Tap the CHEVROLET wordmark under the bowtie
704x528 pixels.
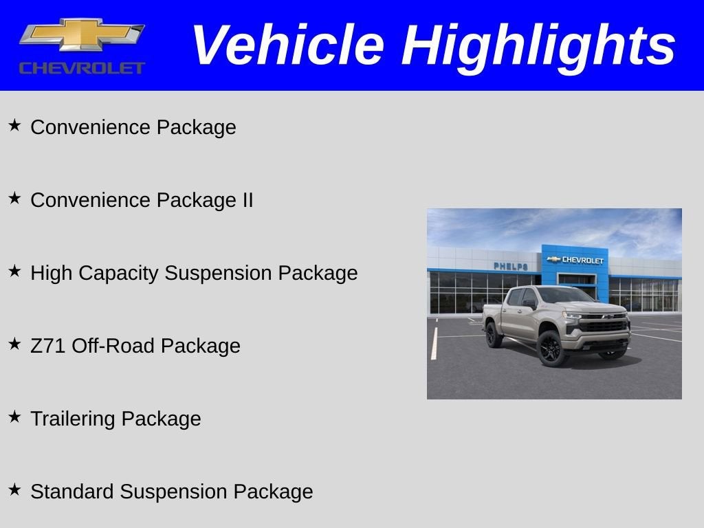[82, 68]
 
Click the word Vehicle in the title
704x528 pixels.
[287, 45]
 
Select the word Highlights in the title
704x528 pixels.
[538, 45]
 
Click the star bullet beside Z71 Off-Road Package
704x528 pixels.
[14, 344]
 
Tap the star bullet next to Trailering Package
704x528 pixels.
[14, 417]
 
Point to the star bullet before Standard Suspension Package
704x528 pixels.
[14, 489]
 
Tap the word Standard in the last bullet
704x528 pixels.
[72, 492]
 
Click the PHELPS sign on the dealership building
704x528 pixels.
[510, 266]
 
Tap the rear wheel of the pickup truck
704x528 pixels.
[492, 335]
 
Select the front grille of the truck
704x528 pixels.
[604, 323]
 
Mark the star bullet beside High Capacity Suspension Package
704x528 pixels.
[14, 271]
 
